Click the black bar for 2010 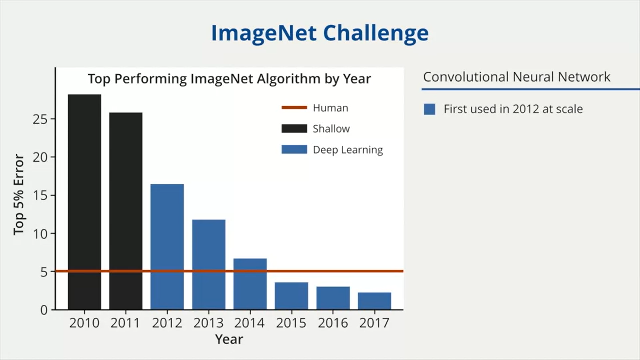(x=84, y=202)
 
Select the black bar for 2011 (x=126, y=211)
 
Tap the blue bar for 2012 (x=167, y=247)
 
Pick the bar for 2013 (x=209, y=265)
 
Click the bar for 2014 (x=250, y=284)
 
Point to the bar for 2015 (x=291, y=296)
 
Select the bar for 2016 (x=333, y=298)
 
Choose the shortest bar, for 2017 (x=374, y=301)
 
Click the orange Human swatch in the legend (x=294, y=107)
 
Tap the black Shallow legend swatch (x=294, y=129)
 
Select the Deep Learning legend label (x=348, y=150)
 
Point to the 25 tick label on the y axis (x=40, y=119)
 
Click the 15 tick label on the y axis (x=40, y=195)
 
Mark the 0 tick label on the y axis (x=44, y=310)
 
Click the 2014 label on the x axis (x=249, y=323)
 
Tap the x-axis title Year (x=229, y=339)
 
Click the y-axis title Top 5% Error (x=19, y=195)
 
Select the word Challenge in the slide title (x=376, y=33)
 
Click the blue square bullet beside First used (x=429, y=109)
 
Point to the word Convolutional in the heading (x=466, y=77)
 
